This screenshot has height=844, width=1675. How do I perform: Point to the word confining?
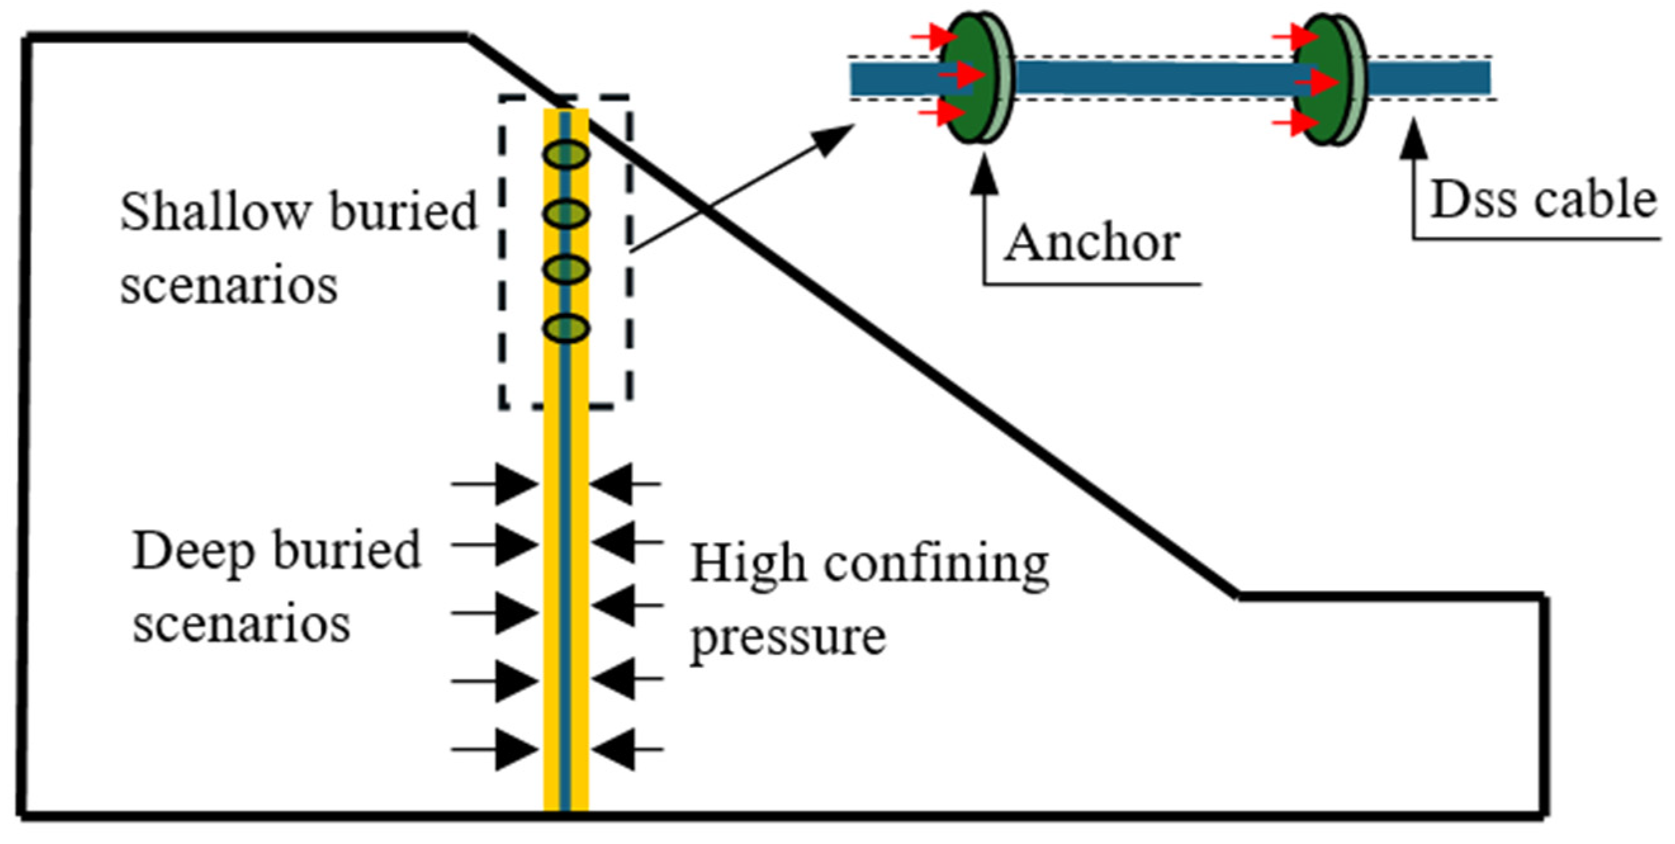[x=936, y=565]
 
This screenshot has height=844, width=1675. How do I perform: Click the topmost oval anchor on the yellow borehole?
[x=567, y=155]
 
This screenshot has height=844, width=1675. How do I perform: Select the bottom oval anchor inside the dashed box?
[x=567, y=327]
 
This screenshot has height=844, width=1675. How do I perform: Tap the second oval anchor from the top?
[x=567, y=214]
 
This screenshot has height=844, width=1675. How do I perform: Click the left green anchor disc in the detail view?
[x=969, y=78]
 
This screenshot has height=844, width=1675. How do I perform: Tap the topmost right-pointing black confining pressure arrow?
[x=517, y=484]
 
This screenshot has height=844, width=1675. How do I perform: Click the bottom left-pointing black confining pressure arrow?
[x=613, y=749]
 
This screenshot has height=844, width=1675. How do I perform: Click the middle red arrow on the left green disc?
[x=962, y=76]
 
